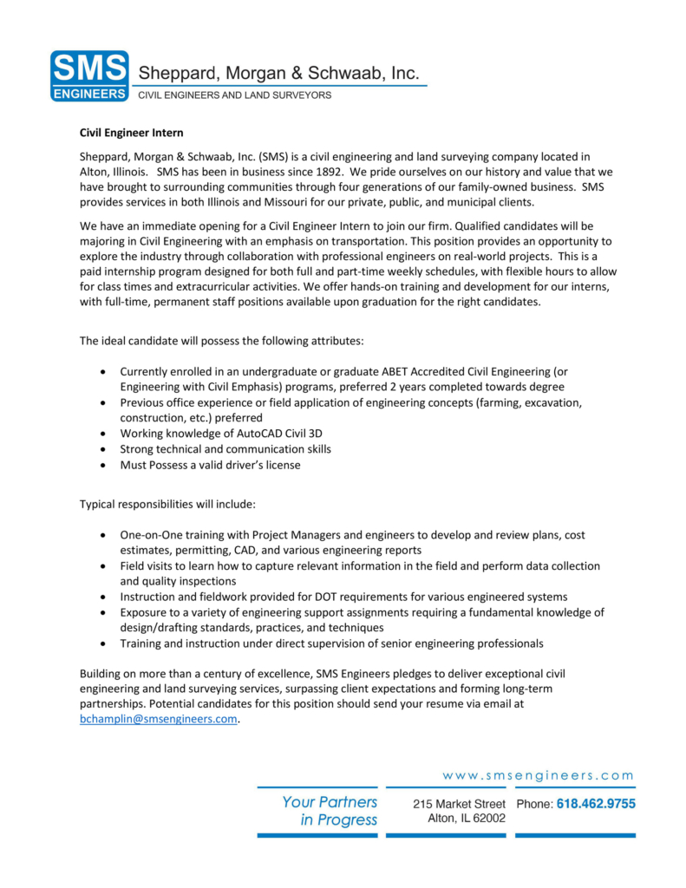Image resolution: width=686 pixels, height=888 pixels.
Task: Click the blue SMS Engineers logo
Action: point(89,75)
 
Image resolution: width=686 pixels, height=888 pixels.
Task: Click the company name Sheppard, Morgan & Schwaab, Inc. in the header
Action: point(279,74)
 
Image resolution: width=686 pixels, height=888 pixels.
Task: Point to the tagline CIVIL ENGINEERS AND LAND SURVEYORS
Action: point(235,95)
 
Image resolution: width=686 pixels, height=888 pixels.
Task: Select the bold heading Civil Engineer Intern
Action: point(132,134)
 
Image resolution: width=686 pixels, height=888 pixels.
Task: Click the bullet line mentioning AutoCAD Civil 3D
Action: point(221,434)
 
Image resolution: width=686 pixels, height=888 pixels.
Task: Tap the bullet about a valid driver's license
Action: point(211,465)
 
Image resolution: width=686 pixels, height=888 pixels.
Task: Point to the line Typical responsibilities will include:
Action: point(167,504)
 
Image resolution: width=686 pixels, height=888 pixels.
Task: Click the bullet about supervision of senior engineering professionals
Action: point(331,643)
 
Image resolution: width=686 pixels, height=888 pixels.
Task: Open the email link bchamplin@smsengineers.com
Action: point(158,719)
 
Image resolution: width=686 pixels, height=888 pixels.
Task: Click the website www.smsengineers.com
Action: point(538,775)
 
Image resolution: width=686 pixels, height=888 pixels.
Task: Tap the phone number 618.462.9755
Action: point(596,804)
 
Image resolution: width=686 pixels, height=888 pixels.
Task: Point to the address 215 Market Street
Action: point(459,804)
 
